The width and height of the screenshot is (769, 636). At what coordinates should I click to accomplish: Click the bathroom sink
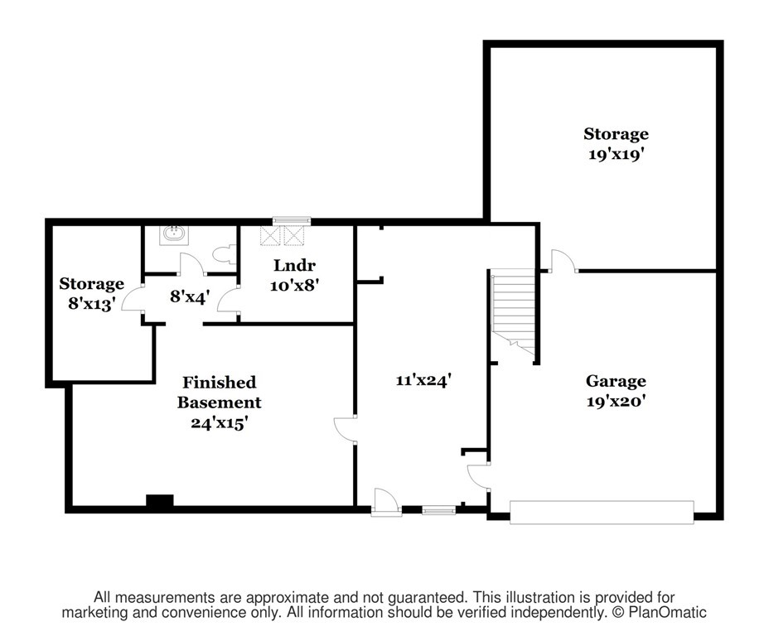click(x=174, y=235)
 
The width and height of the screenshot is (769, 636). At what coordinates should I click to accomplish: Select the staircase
click(x=513, y=314)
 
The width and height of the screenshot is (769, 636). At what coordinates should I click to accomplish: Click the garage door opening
click(x=602, y=513)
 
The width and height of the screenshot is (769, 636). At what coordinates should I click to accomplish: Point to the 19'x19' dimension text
click(x=616, y=154)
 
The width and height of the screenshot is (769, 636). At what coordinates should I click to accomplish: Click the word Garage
click(x=616, y=381)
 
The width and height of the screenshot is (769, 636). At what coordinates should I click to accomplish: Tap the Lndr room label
click(x=294, y=265)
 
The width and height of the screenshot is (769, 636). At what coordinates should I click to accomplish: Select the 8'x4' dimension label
click(x=190, y=296)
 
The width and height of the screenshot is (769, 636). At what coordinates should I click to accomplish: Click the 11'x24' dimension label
click(x=423, y=380)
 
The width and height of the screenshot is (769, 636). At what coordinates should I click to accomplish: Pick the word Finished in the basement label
click(x=220, y=383)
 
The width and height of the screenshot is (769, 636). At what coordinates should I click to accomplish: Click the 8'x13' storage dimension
click(x=92, y=304)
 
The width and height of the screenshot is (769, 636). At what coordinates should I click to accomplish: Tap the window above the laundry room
click(x=292, y=220)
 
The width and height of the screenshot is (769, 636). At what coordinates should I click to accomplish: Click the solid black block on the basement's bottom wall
click(x=160, y=501)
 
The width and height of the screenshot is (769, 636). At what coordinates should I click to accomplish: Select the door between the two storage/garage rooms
click(x=563, y=261)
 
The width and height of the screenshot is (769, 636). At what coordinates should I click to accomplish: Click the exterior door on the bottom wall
click(x=386, y=503)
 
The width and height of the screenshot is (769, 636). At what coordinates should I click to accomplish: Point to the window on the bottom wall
click(x=439, y=511)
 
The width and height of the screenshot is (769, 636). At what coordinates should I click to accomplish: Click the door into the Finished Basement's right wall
click(x=345, y=430)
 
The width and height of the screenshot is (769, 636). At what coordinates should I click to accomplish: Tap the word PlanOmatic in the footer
click(x=667, y=613)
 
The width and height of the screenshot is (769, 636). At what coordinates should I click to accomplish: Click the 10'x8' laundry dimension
click(x=294, y=285)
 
